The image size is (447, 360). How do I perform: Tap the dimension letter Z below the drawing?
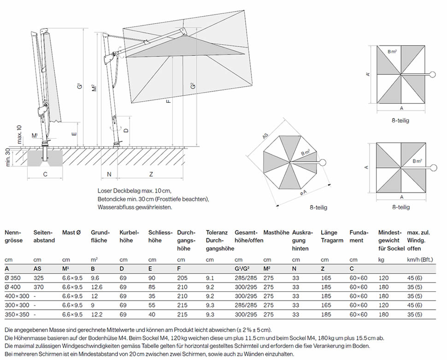click(151, 174)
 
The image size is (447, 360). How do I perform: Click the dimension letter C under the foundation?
click(45, 174)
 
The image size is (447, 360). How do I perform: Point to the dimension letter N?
click(109, 174)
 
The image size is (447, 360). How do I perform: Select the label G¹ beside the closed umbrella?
click(79, 86)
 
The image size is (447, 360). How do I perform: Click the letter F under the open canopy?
click(169, 100)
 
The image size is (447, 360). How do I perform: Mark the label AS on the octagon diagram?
click(265, 137)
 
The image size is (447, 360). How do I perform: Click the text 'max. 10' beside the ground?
click(19, 134)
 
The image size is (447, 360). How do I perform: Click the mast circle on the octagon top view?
click(322, 162)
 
